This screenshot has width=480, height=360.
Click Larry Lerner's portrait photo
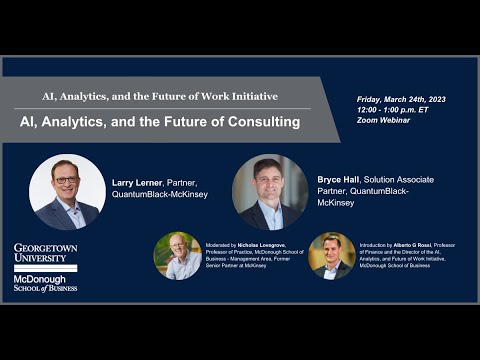[x=67, y=192]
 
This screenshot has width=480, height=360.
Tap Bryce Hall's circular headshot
[x=270, y=192]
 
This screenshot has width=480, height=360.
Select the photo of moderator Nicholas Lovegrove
[x=178, y=256]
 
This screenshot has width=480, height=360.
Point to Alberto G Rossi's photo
[x=331, y=256]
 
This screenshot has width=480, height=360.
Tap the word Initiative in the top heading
[x=247, y=96]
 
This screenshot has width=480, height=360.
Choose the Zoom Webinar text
[x=384, y=123]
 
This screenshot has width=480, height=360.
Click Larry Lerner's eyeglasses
[x=66, y=181]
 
